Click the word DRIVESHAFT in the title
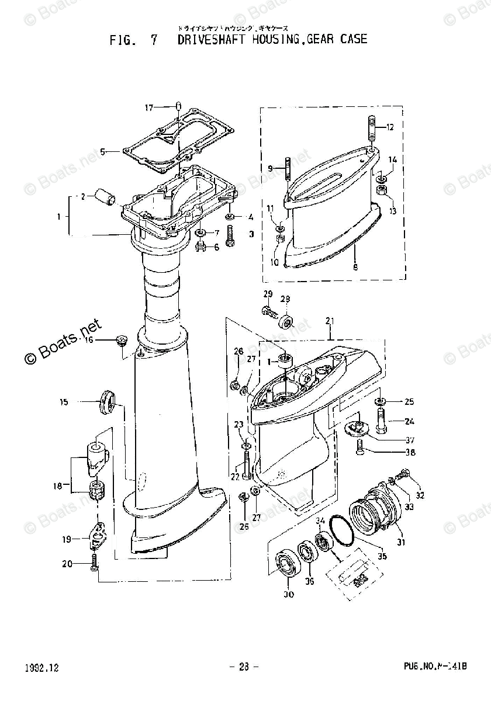click(210, 40)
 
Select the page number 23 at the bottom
click(244, 667)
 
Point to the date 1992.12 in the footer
click(42, 667)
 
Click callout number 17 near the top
click(133, 107)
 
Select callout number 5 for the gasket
click(103, 151)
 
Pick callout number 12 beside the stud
click(390, 127)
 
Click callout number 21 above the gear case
click(330, 322)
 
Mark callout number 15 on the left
click(64, 401)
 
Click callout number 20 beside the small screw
click(67, 563)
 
